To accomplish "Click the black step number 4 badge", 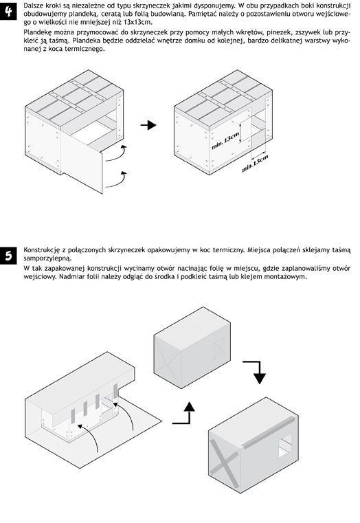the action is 8,11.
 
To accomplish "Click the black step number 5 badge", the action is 8,255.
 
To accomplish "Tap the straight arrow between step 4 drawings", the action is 148,125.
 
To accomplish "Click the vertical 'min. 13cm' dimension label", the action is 225,141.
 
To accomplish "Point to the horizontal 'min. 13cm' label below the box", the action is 255,164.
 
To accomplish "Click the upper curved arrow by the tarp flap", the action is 117,154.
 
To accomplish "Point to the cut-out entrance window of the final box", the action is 284,445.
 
